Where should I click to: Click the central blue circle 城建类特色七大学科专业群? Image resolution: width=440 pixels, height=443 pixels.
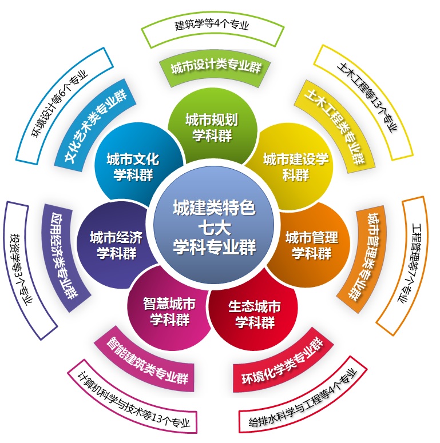coord(214,225)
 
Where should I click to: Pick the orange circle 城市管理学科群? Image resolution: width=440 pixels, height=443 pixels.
coord(311,245)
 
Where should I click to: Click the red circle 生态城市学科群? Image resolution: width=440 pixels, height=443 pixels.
coord(255,314)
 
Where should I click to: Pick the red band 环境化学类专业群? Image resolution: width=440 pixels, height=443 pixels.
coord(283,362)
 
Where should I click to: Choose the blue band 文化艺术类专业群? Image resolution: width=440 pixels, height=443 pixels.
coord(95,126)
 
